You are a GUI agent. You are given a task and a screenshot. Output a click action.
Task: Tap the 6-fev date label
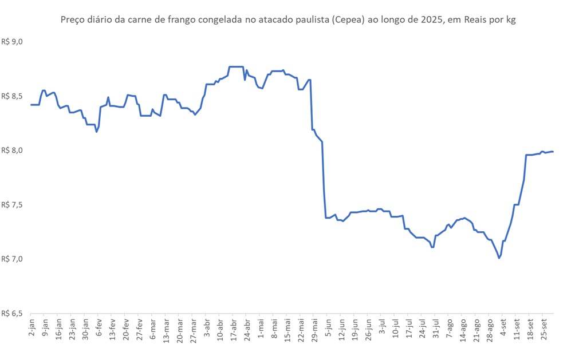(x=99, y=327)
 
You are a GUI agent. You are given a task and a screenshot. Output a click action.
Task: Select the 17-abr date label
(x=234, y=328)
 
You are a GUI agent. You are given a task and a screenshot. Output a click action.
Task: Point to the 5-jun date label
(x=328, y=327)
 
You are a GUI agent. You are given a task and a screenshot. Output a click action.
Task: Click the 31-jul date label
(x=436, y=328)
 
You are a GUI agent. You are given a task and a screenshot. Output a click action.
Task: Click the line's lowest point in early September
(x=499, y=258)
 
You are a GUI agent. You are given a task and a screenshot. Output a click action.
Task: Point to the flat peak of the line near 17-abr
(x=236, y=67)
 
